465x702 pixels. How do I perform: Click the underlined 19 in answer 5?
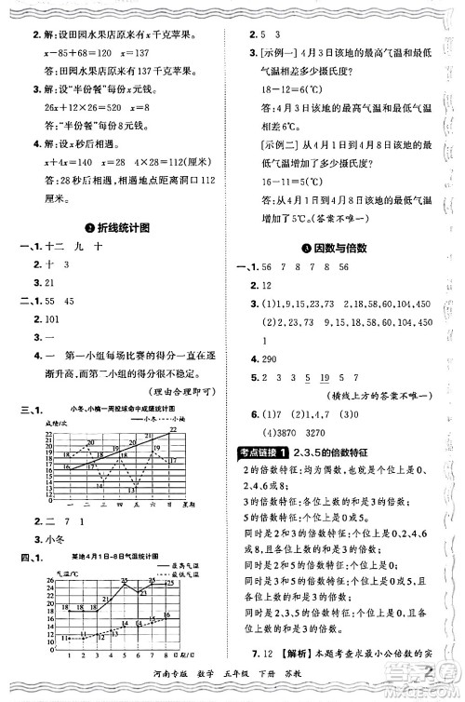[x=325, y=377]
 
